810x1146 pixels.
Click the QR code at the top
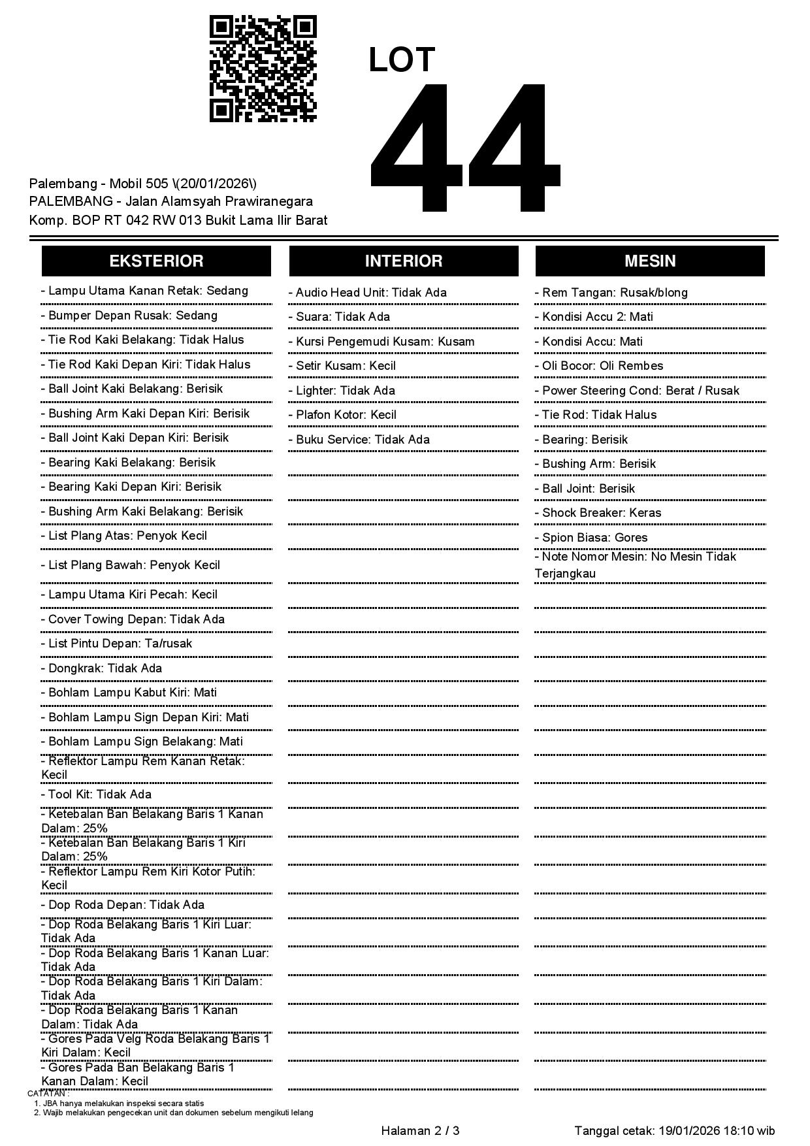click(x=263, y=69)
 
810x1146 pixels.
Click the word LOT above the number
click(x=401, y=60)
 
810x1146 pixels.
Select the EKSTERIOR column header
click(x=156, y=261)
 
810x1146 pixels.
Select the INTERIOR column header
click(x=404, y=261)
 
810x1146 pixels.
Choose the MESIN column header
click(x=650, y=261)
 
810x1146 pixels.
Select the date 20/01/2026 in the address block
click(x=218, y=184)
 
